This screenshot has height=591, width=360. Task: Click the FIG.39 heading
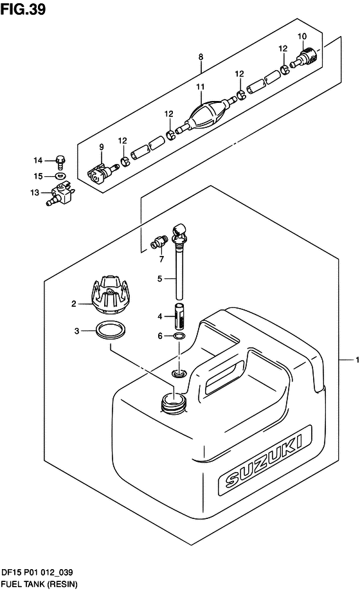(x=23, y=8)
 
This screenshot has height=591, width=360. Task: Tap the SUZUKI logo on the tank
(x=264, y=460)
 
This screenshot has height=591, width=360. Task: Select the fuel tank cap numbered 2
(x=109, y=295)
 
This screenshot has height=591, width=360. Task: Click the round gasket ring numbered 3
(x=111, y=331)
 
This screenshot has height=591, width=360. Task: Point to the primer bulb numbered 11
(x=208, y=113)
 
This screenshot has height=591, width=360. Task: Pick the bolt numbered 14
(x=60, y=161)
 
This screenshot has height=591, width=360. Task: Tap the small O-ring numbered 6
(x=179, y=336)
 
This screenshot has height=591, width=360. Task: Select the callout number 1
(x=357, y=359)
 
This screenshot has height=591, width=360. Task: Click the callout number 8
(x=201, y=57)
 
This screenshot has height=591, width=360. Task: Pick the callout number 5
(x=159, y=278)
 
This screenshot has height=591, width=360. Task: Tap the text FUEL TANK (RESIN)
(x=39, y=584)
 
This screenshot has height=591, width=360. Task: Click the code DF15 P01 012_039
(x=37, y=572)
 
